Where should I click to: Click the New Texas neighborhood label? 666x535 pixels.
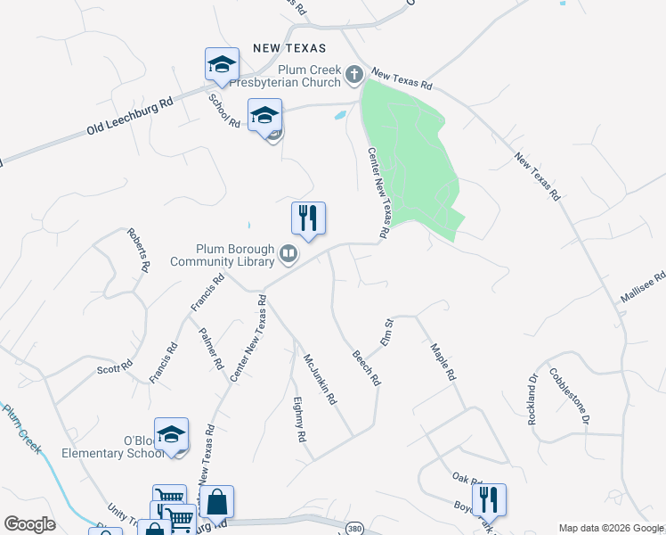point(289,48)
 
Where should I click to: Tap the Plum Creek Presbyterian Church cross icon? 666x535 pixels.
point(354,74)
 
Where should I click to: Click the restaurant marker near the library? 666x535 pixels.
point(308,218)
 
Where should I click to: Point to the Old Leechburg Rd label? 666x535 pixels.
point(130,116)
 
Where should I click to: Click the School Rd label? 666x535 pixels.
point(224,110)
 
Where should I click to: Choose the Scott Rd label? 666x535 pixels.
point(114,367)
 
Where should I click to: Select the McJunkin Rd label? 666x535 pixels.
point(319,379)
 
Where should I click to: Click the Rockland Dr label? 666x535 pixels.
point(534,398)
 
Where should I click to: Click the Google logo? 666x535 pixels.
point(29,524)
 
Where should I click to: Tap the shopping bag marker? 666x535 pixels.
point(216,503)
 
